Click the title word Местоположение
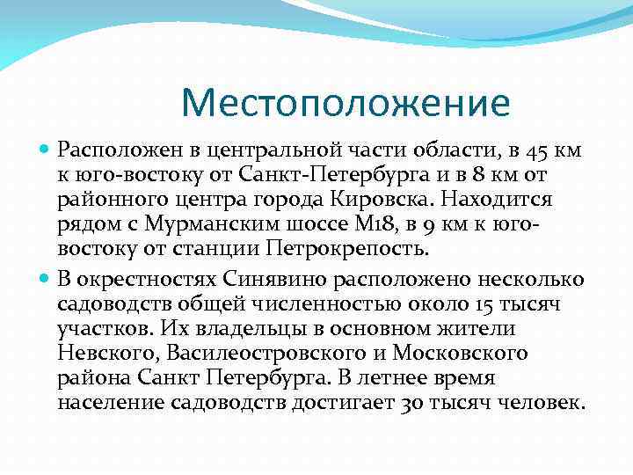click(x=345, y=103)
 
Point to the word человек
click(x=539, y=404)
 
